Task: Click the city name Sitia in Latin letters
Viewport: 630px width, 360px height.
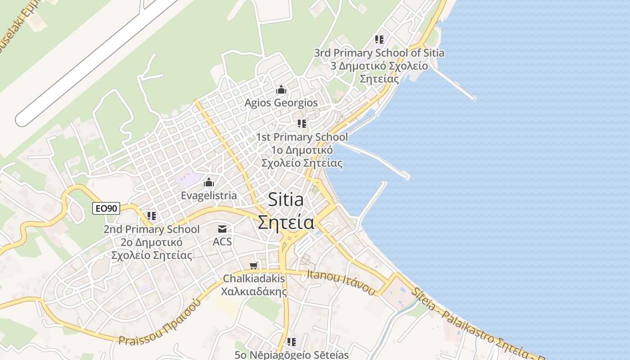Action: tap(286, 200)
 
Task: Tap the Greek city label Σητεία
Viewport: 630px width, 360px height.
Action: tap(286, 222)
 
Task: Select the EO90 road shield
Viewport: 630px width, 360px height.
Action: tap(106, 208)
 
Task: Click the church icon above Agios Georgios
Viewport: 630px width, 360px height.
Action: tap(281, 90)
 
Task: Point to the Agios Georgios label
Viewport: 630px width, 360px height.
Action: tap(281, 103)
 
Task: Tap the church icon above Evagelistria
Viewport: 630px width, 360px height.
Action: tap(208, 182)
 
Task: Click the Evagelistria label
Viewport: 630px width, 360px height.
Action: tap(209, 196)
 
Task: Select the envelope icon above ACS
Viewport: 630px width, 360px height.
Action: tap(222, 229)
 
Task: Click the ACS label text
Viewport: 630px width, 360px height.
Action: tap(222, 242)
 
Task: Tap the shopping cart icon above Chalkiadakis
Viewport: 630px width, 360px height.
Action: tap(254, 266)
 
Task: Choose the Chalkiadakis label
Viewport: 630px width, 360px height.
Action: tap(254, 279)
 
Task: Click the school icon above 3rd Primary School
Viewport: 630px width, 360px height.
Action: tap(379, 40)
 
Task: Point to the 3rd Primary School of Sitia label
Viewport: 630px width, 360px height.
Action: tap(379, 53)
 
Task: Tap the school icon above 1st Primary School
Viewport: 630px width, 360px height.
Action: tap(302, 123)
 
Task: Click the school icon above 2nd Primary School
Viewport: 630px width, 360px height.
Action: tap(152, 216)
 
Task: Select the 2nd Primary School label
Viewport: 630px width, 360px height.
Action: tap(152, 229)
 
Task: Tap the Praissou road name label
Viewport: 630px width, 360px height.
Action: tap(160, 322)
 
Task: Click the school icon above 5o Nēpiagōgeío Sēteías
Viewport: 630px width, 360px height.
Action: tap(292, 342)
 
